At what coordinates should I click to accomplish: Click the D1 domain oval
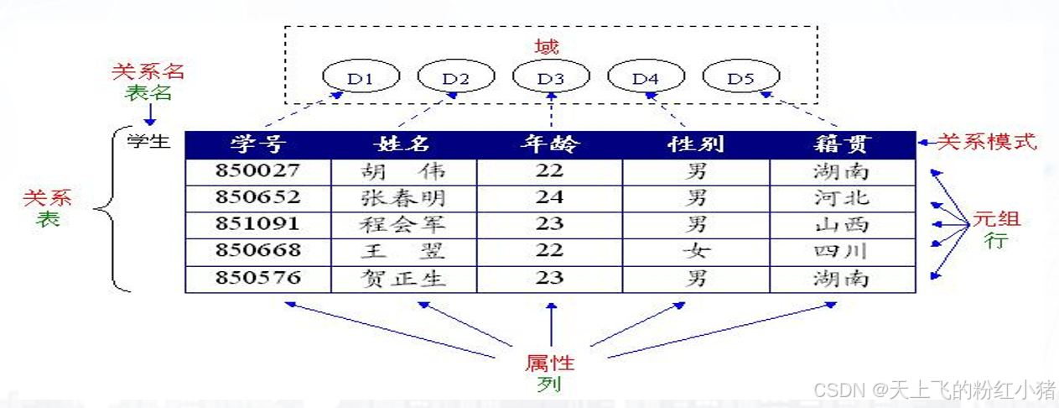point(361,79)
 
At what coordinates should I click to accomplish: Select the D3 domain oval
point(551,79)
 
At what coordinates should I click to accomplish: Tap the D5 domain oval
point(741,79)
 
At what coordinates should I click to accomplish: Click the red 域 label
point(547,46)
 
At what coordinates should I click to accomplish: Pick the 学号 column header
point(258,144)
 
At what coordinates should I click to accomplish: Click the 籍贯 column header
point(842,144)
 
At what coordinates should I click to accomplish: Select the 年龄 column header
point(550,144)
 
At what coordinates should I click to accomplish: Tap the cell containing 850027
point(258,172)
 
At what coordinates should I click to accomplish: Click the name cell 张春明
point(403,199)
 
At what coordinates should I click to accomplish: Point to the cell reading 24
point(550,199)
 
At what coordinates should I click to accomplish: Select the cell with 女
point(695,252)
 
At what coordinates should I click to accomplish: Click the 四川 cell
point(842,252)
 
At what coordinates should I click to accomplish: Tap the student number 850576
point(258,279)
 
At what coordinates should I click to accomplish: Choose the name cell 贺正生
point(403,279)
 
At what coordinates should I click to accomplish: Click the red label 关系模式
point(987,142)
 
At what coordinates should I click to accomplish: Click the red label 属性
point(550,364)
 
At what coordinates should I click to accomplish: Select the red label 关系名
point(148,71)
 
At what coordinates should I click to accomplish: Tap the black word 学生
point(148,140)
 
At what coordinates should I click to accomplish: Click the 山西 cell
point(842,225)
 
